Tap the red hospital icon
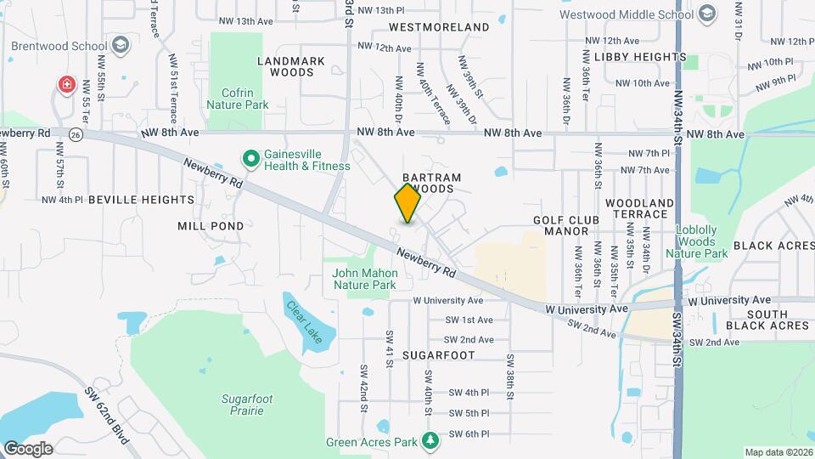(66, 85)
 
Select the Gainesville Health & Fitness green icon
(250, 158)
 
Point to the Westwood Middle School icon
(706, 14)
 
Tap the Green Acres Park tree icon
(431, 441)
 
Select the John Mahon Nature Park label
(365, 279)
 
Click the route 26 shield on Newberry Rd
(76, 134)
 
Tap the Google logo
(27, 449)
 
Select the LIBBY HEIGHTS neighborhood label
(640, 57)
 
